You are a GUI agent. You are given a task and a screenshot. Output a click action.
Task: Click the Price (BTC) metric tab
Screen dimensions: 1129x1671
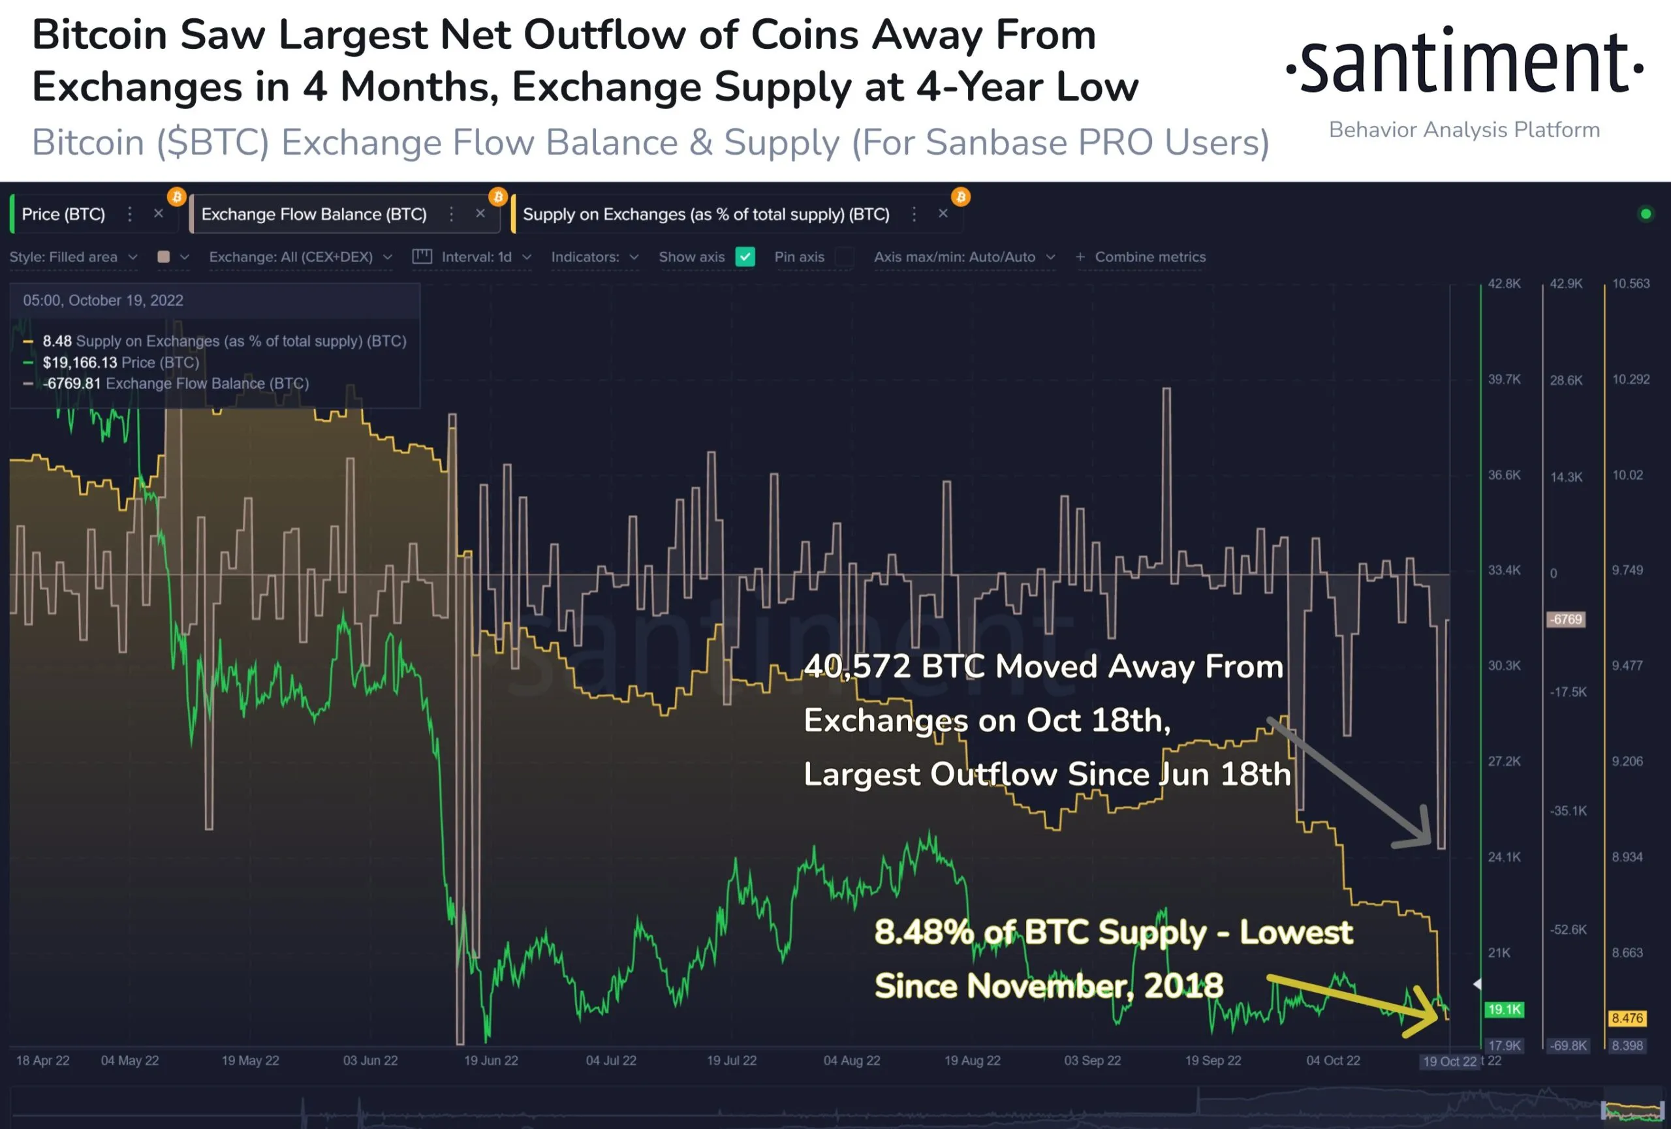point(63,214)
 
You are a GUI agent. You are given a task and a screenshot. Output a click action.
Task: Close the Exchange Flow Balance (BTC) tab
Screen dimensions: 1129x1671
point(480,213)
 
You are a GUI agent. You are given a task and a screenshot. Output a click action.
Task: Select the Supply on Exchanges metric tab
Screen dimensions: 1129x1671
point(706,214)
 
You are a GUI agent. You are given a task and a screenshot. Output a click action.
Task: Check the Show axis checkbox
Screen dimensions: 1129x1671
point(745,256)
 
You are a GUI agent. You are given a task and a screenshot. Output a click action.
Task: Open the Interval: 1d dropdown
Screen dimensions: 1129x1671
point(476,256)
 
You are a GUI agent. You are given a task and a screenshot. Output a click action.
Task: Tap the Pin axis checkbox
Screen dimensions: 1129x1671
point(845,256)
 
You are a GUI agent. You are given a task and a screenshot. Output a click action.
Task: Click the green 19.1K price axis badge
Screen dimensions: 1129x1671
point(1504,1009)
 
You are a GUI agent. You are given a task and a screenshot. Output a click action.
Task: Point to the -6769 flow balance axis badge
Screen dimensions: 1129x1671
point(1565,619)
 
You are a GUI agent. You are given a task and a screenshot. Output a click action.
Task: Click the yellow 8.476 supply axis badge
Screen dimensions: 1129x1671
point(1627,1017)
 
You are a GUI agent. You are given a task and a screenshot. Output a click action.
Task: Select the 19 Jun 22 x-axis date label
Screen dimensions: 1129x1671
point(490,1060)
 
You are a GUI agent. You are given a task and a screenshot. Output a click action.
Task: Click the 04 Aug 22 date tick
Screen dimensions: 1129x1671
point(851,1060)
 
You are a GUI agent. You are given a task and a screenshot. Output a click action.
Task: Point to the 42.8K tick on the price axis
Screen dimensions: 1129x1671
point(1504,284)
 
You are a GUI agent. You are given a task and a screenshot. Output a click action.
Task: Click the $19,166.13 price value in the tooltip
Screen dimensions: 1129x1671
point(79,362)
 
